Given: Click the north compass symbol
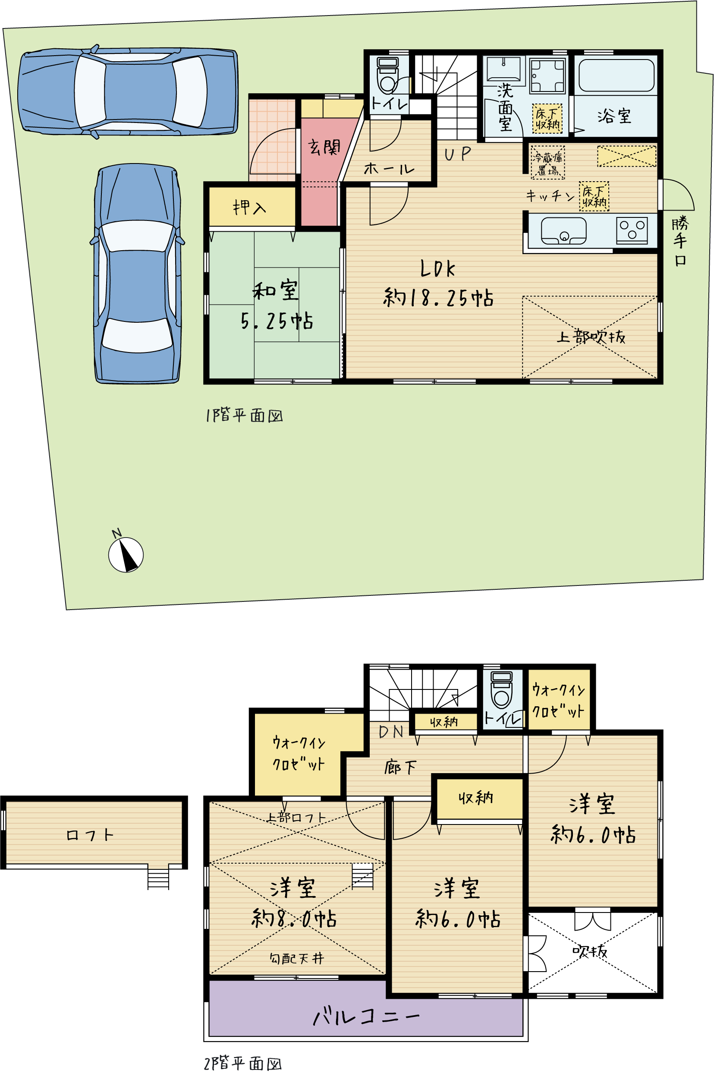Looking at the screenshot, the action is click(x=126, y=553).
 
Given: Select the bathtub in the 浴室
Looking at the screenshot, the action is click(x=616, y=75).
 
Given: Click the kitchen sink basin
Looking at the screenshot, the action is click(x=563, y=231).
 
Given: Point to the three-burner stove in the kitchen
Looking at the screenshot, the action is click(x=632, y=230).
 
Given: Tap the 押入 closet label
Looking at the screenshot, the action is click(x=249, y=208).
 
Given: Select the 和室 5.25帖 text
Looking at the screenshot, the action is click(x=277, y=306).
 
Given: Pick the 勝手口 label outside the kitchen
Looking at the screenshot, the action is click(x=680, y=241).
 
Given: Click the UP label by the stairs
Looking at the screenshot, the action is click(x=458, y=154).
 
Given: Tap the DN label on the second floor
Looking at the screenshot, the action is click(x=391, y=732).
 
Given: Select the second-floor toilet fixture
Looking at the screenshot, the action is click(x=502, y=690).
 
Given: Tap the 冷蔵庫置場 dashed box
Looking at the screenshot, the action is click(x=548, y=163).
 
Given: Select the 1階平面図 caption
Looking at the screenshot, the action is click(x=244, y=415).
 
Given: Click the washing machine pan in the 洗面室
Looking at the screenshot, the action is click(x=547, y=76).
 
